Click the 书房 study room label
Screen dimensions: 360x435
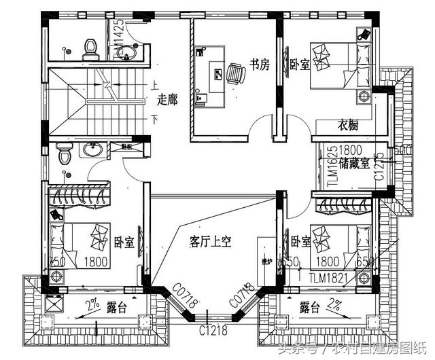260,65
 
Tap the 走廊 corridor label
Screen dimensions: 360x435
167,100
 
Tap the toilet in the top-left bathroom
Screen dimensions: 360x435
88,48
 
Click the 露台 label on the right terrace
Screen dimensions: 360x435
310,308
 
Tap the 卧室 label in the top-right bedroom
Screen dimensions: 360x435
299,65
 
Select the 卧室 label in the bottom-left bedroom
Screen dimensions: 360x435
124,242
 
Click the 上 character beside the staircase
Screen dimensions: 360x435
154,86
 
